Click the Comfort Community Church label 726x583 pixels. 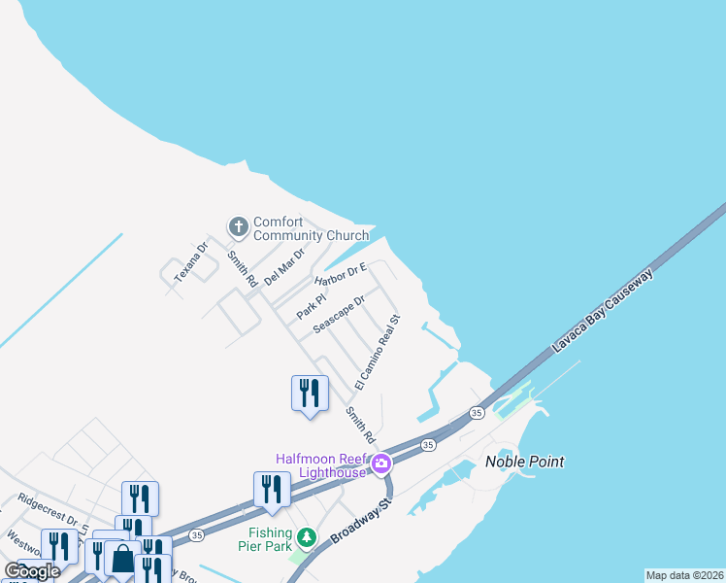tap(311, 228)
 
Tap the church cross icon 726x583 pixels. tap(238, 227)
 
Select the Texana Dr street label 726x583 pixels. tap(191, 262)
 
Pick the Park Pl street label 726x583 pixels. tap(310, 305)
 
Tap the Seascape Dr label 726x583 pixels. tap(339, 315)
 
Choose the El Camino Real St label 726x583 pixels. tap(378, 352)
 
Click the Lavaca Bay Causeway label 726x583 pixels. tap(603, 312)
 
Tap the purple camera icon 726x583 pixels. tap(382, 463)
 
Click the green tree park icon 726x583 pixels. tap(307, 536)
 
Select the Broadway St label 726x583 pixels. tap(358, 522)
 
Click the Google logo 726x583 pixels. tap(32, 571)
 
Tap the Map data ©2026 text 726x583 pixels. tap(684, 575)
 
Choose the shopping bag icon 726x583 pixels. tap(123, 560)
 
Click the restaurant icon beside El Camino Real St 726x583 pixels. tap(310, 393)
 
